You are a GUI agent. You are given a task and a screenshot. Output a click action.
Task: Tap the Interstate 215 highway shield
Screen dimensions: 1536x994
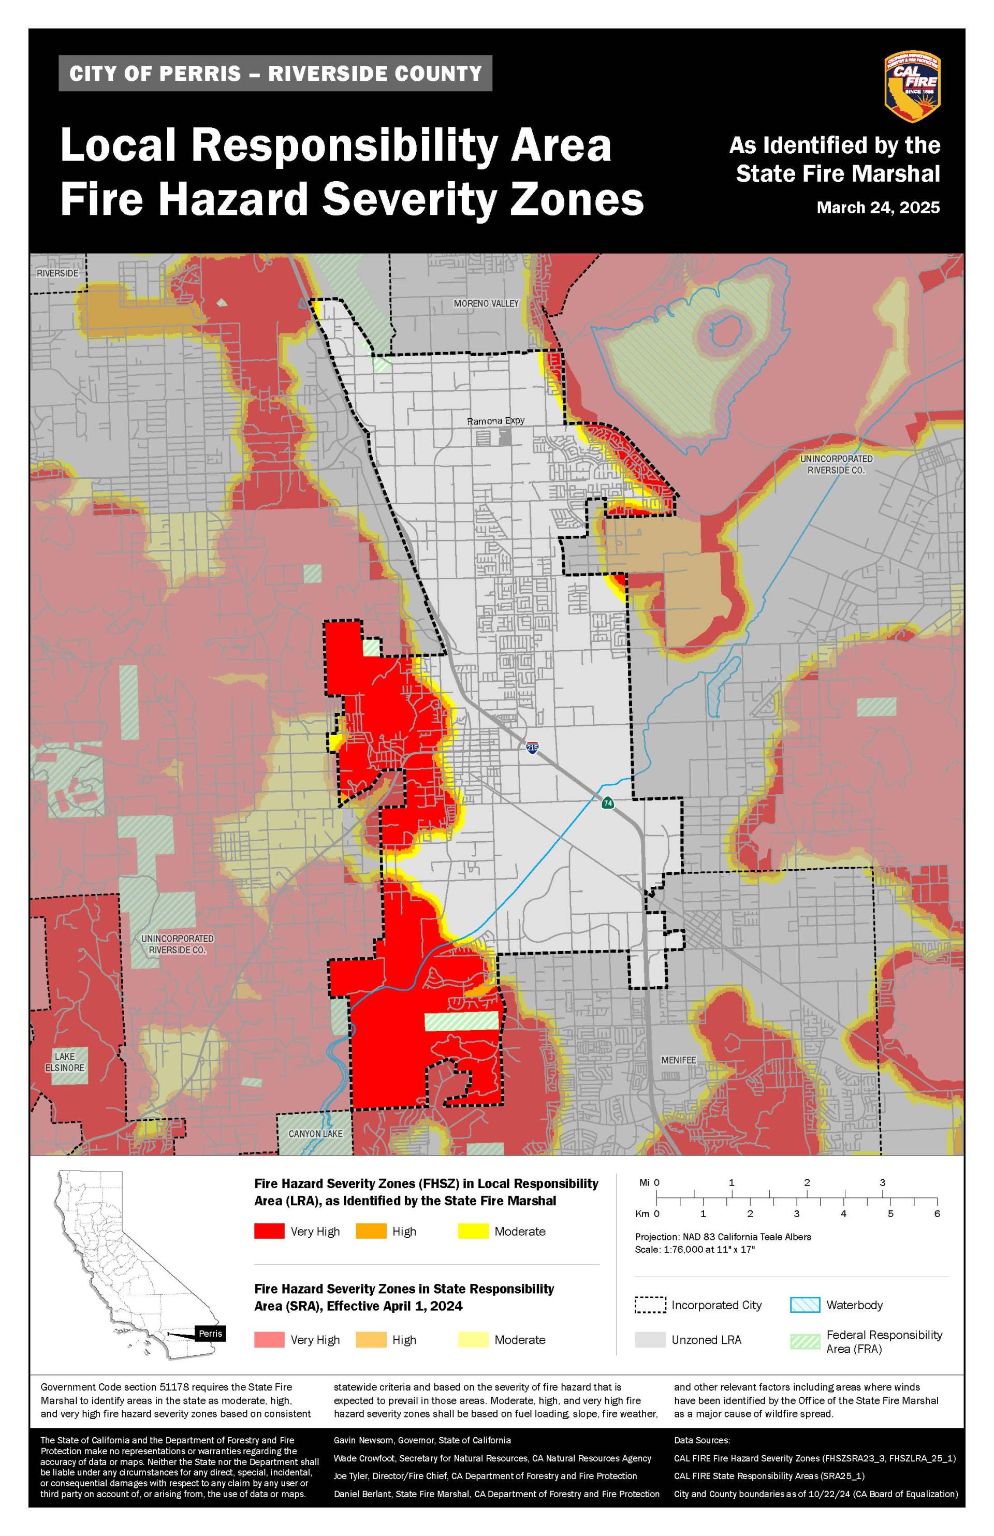(532, 748)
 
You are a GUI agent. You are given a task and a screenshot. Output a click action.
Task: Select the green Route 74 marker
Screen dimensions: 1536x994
(607, 803)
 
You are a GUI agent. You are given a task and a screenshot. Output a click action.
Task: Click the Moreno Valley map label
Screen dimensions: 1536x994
(486, 303)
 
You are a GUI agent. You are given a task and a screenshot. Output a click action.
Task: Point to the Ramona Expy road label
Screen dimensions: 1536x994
(496, 421)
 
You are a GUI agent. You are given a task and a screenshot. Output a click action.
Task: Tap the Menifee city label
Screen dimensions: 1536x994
(678, 1060)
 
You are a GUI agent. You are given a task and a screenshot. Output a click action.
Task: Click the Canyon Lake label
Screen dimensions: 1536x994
(316, 1133)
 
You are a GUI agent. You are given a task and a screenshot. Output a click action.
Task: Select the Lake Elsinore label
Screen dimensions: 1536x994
(65, 1062)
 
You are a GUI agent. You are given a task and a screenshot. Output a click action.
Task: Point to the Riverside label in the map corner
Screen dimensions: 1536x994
(57, 273)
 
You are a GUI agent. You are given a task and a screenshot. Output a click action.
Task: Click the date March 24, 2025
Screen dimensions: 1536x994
(878, 208)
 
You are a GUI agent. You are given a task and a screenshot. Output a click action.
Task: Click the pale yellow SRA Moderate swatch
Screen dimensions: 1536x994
(473, 1340)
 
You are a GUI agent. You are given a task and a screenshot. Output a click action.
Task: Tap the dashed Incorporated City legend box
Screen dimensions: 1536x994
(650, 1305)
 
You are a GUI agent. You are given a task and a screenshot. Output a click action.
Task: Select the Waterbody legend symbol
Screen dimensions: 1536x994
(805, 1305)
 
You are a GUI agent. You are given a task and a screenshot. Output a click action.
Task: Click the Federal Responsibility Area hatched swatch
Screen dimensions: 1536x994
(805, 1341)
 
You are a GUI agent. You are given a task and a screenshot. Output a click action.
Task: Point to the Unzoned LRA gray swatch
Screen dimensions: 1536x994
(650, 1340)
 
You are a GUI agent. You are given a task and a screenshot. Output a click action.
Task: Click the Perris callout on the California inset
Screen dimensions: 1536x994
(210, 1334)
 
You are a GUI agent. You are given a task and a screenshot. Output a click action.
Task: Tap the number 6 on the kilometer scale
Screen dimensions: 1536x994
(937, 1213)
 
